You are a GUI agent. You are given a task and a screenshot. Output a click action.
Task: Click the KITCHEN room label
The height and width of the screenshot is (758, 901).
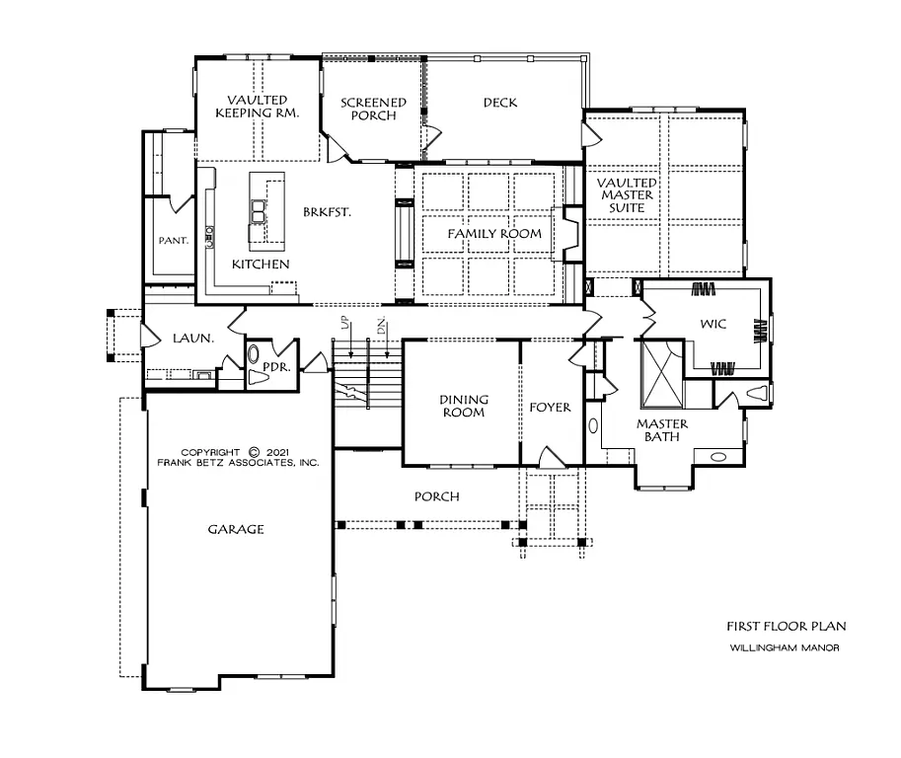point(261,265)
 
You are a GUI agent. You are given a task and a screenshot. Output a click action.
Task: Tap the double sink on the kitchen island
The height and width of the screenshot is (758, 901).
point(260,211)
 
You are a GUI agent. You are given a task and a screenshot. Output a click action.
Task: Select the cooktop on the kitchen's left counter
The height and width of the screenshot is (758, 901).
point(209,234)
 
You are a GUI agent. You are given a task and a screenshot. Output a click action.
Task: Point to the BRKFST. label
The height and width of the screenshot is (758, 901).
point(329,211)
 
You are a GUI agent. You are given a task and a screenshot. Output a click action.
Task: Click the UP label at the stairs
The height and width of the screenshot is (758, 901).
point(342,327)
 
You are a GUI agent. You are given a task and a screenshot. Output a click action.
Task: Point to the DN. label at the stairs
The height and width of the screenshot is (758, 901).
point(379,327)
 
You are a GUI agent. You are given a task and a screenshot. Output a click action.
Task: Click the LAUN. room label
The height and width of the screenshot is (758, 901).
point(192,338)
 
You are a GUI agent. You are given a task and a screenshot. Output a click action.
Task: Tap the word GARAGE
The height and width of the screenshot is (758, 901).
point(236,529)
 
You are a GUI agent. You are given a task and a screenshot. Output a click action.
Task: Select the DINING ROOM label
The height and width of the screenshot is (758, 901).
point(463,406)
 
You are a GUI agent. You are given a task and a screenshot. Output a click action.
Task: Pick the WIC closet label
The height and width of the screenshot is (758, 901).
point(713,325)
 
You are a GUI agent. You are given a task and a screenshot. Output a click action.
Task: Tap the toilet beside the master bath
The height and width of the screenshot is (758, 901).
point(758,394)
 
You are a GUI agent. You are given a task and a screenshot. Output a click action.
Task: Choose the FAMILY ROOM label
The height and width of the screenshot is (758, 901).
point(494,234)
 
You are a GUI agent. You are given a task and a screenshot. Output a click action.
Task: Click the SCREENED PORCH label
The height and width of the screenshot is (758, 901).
point(373,109)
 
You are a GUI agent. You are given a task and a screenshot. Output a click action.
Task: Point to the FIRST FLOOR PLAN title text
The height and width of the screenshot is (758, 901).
point(786,626)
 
